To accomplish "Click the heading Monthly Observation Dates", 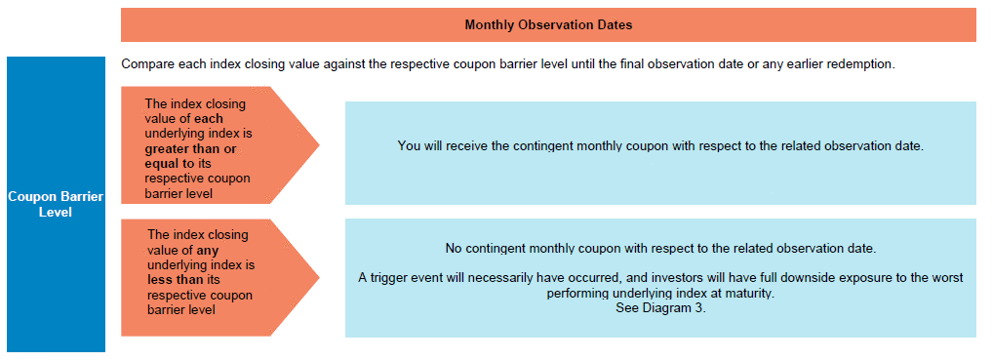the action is (548, 25).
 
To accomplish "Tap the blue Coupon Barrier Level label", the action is (56, 204).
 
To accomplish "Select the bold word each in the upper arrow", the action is (209, 118).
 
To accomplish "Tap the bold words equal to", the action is (168, 163).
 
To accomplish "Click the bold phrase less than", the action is (175, 280).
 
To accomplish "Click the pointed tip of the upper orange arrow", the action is (319, 145).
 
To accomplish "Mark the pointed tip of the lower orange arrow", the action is (319, 277).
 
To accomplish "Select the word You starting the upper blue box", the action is (408, 146).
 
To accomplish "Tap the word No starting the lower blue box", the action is (454, 249).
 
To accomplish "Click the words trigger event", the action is (401, 278).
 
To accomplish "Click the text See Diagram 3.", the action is (659, 309).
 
